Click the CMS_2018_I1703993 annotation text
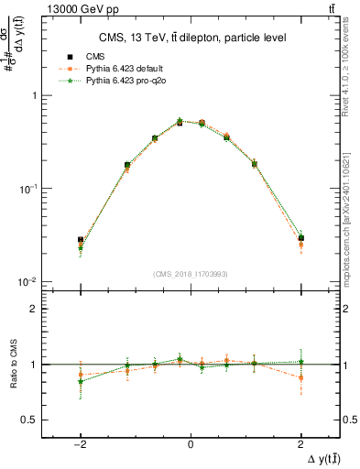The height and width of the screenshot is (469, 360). [191, 274]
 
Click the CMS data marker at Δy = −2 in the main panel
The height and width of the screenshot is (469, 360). [81, 240]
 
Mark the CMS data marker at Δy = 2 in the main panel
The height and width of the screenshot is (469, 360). [300, 238]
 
